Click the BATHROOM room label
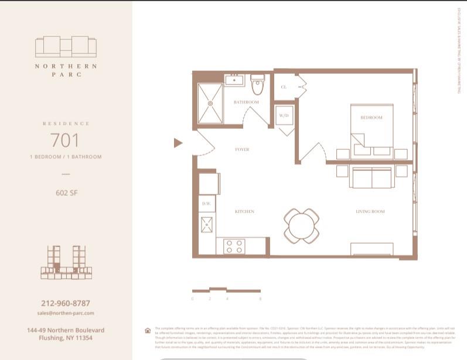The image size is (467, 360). coord(246,102)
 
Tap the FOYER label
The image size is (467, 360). coord(242,150)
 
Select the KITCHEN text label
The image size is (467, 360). coord(244,211)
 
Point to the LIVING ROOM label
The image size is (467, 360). coord(370,211)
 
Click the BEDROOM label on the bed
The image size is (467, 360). coord(371,118)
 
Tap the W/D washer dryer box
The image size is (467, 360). coord(284,116)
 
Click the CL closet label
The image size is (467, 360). coord(284,87)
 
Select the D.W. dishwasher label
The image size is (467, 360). coord(206,203)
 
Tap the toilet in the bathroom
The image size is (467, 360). coord(257,85)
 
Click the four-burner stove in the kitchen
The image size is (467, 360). coord(235,246)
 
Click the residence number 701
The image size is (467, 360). coord(64,140)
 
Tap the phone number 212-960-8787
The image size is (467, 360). coord(66,304)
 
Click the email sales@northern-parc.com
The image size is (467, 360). coord(66,313)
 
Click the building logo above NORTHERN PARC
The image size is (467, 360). coord(66,47)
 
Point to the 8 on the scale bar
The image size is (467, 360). coord(260,299)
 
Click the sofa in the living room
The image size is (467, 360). coord(371,176)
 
